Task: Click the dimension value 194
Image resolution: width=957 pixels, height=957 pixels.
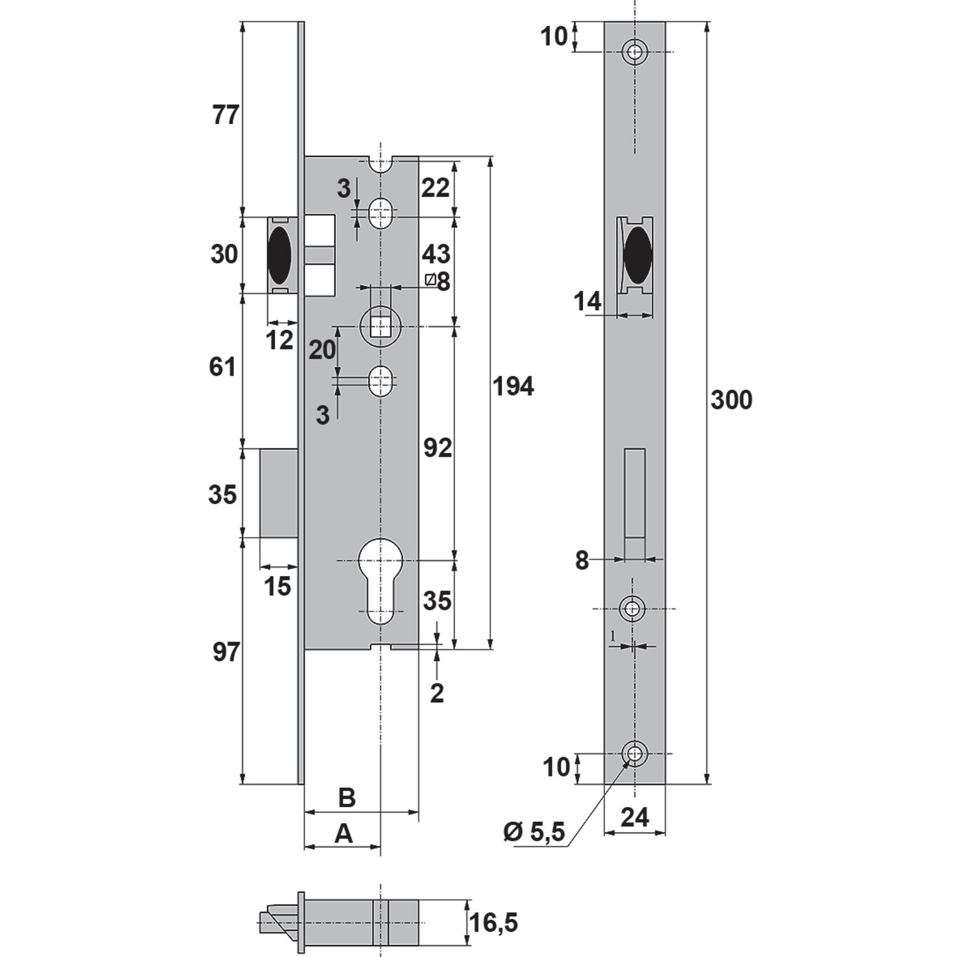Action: point(513,387)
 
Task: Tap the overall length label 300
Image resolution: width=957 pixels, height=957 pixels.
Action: point(731,400)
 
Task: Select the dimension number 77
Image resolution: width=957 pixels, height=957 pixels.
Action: point(225,116)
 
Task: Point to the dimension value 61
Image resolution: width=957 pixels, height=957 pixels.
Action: point(223,367)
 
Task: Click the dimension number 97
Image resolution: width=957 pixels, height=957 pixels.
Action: point(225,653)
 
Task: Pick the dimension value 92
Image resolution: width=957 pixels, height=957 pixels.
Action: point(438,448)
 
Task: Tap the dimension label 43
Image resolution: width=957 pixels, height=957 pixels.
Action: point(436,254)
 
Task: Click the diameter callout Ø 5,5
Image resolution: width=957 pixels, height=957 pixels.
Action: point(534,833)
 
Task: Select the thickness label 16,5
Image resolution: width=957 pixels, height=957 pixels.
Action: point(494,922)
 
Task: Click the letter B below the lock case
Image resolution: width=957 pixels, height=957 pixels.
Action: point(346,797)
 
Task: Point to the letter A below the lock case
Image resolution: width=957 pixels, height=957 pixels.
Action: point(344,833)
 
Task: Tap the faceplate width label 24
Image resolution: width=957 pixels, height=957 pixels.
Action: point(634,817)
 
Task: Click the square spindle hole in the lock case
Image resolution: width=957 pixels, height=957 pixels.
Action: point(381,327)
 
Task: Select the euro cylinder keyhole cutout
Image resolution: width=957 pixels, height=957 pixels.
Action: point(381,577)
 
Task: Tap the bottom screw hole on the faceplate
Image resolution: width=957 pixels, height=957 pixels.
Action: point(634,754)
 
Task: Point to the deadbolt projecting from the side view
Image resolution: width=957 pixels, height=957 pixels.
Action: point(279,493)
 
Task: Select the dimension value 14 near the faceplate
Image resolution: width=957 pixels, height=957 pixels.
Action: point(587,301)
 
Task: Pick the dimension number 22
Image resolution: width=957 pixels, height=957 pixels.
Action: point(435,188)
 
